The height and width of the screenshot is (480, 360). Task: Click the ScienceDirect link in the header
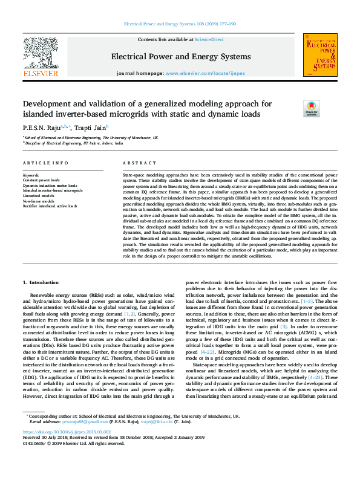tap(209, 40)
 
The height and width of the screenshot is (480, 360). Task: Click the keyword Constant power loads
tap(41, 180)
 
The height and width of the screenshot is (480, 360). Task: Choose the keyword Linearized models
tap(38, 195)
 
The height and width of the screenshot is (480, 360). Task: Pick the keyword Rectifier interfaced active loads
tap(48, 204)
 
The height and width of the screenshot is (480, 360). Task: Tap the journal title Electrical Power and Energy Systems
tap(180, 57)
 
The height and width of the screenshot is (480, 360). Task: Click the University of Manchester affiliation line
tap(91, 138)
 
